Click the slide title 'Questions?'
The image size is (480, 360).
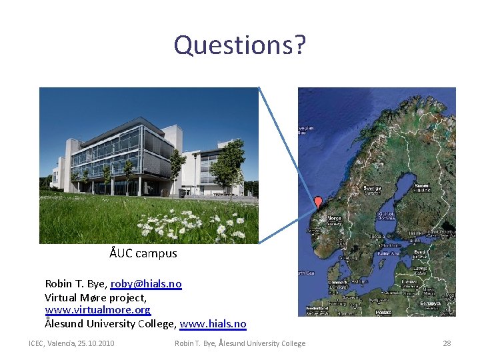[x=240, y=45]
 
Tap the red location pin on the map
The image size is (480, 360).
[x=318, y=202]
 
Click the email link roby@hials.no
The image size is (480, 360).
[x=146, y=284]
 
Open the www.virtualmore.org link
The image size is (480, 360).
[x=97, y=311]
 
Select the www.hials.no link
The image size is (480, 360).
[x=213, y=324]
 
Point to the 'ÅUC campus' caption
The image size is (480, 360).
[x=143, y=253]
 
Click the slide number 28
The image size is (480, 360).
[x=447, y=343]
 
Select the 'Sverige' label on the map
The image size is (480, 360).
[x=371, y=189]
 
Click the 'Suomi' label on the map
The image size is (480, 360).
[x=422, y=185]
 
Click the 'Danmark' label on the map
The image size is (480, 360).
[x=337, y=282]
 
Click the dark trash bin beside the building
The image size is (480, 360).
[x=182, y=193]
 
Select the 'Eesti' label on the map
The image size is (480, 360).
[x=420, y=253]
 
